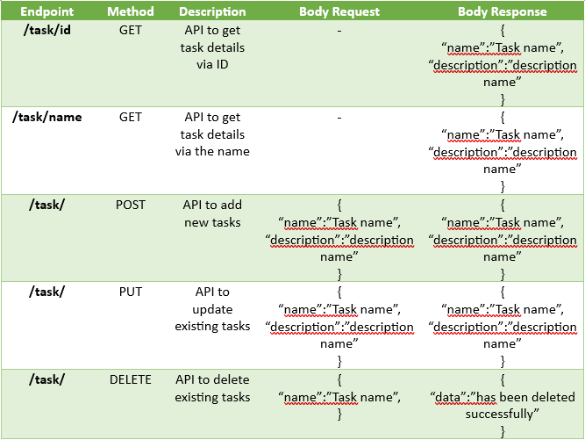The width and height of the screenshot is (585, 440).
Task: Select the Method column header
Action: click(130, 12)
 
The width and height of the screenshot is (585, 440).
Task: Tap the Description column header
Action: click(212, 12)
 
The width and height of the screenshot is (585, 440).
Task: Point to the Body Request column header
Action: click(339, 12)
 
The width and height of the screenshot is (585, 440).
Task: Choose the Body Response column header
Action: click(502, 12)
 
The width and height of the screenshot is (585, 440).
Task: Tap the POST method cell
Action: click(130, 205)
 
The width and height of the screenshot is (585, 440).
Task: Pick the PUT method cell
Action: click(130, 292)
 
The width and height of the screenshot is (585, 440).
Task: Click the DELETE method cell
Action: click(130, 379)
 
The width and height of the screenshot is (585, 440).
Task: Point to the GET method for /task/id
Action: click(130, 30)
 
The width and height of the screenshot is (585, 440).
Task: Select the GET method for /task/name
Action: click(130, 117)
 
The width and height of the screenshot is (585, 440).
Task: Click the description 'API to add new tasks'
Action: click(212, 213)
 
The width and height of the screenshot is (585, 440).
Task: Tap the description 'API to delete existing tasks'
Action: click(212, 388)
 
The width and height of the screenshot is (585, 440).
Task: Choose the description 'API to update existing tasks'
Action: click(212, 309)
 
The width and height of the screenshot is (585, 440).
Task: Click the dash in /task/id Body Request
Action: click(339, 30)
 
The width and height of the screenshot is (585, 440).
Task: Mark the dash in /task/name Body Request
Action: click(339, 117)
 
